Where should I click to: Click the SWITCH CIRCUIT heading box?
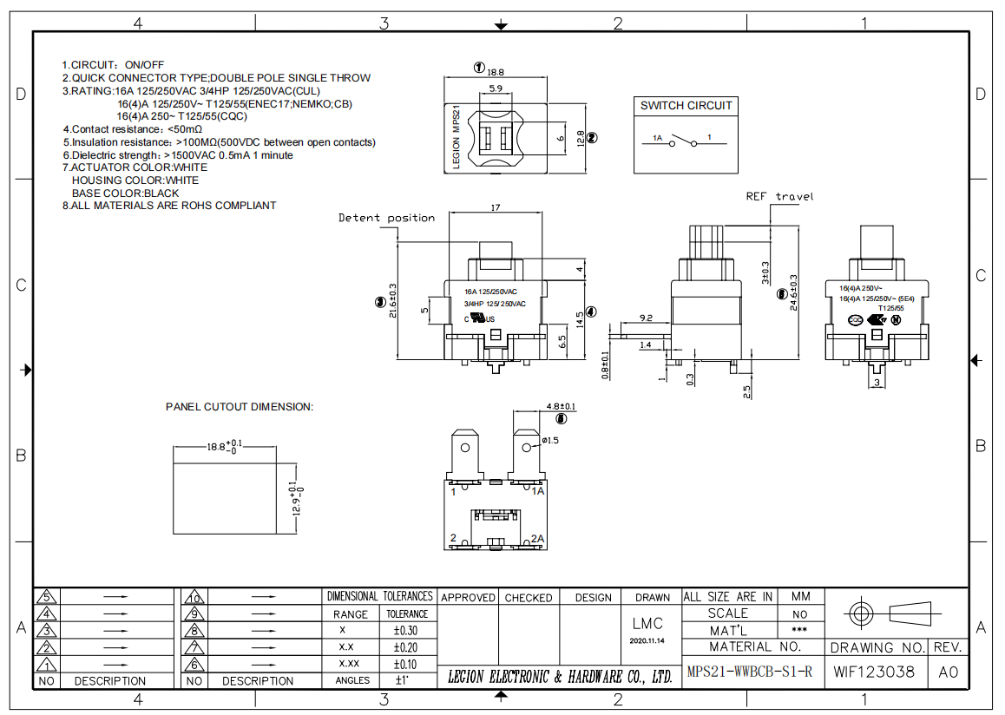(x=686, y=106)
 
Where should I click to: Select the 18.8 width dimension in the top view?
(x=496, y=72)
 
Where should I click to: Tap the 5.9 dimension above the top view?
(x=495, y=89)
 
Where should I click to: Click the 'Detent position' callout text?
(x=386, y=218)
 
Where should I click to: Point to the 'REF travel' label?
(x=780, y=197)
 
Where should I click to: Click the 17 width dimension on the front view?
(x=495, y=208)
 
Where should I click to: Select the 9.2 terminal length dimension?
(x=645, y=318)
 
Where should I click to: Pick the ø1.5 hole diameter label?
(x=550, y=441)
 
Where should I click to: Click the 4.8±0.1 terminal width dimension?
(x=561, y=406)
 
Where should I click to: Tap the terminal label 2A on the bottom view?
(x=537, y=539)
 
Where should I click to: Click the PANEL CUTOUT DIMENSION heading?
(x=240, y=406)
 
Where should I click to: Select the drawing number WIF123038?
(x=874, y=672)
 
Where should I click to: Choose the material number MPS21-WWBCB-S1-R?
(x=749, y=672)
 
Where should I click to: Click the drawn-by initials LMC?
(x=647, y=623)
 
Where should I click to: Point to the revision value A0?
(x=948, y=672)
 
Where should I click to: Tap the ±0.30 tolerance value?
(x=405, y=631)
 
